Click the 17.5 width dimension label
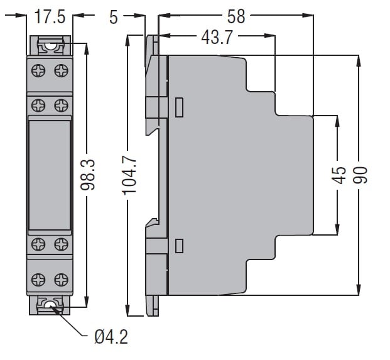(50, 17)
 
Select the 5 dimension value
(114, 18)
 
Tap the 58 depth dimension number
(236, 17)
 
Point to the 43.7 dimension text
(217, 38)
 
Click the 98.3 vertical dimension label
(88, 175)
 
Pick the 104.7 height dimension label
(129, 175)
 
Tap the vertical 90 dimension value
(360, 175)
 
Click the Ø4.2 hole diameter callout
(111, 337)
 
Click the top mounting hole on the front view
(50, 46)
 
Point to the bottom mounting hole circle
(50, 305)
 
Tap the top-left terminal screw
(38, 70)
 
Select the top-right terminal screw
(61, 70)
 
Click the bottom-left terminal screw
(38, 280)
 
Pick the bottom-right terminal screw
(61, 280)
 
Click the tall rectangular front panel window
(50, 175)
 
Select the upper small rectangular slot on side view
(180, 107)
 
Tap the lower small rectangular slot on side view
(180, 246)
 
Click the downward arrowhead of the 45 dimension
(337, 229)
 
